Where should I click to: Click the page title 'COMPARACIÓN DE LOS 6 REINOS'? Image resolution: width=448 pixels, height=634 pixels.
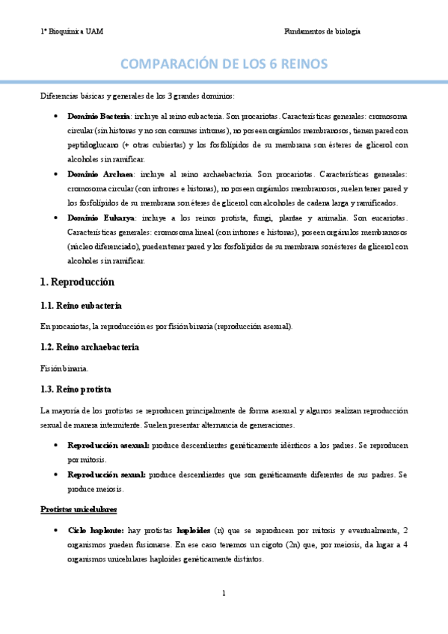(224, 64)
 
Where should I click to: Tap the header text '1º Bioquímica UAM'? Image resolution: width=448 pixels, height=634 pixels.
(72, 31)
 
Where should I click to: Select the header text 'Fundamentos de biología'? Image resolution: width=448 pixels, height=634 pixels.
(322, 31)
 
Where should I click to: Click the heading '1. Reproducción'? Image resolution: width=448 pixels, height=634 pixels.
(77, 282)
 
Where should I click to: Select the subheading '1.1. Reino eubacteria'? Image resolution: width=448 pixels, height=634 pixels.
(81, 307)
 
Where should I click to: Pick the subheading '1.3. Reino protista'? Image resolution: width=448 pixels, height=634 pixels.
(76, 390)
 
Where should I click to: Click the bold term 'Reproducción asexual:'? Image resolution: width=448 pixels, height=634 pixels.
(108, 445)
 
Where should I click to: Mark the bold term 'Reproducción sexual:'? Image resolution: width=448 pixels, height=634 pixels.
(105, 475)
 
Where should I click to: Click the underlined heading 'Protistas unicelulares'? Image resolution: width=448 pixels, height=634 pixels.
(78, 510)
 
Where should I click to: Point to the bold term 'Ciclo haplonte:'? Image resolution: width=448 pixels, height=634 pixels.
(95, 531)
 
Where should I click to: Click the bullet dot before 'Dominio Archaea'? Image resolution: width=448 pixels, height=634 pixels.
(58, 173)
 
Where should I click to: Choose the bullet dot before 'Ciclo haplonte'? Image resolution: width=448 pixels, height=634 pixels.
(58, 531)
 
